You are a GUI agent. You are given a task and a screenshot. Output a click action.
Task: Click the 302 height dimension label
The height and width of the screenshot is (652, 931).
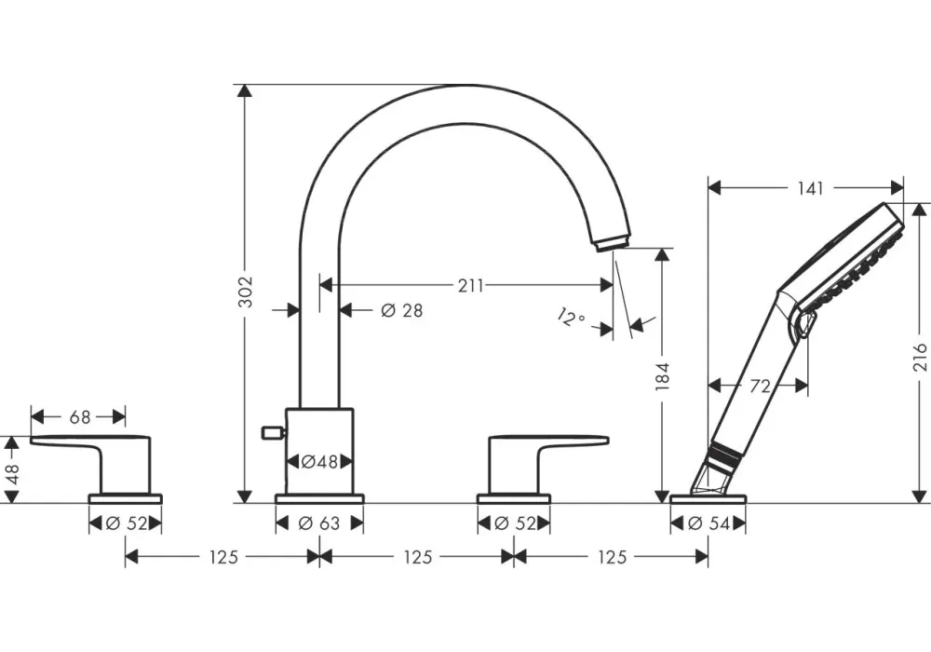(x=245, y=292)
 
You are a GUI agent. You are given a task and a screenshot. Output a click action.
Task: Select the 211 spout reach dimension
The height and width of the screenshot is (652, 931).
(x=470, y=286)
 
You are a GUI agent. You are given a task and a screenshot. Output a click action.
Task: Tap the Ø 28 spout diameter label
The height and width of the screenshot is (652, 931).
(x=402, y=310)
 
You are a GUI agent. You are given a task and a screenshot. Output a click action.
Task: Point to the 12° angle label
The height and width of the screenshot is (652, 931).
(x=572, y=318)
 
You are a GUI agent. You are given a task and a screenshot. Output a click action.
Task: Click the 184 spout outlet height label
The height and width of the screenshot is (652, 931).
(x=662, y=376)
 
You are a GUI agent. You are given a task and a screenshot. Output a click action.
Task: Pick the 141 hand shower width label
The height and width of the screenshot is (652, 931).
(x=810, y=188)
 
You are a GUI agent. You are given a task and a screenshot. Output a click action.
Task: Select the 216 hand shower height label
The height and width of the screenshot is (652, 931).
(x=920, y=357)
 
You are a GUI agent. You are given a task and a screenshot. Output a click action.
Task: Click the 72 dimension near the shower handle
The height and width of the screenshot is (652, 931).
(x=760, y=386)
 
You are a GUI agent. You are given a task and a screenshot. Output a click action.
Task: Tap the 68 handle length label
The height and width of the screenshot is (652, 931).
(x=79, y=417)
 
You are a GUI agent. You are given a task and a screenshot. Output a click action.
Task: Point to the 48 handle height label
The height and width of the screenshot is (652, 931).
(x=12, y=473)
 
